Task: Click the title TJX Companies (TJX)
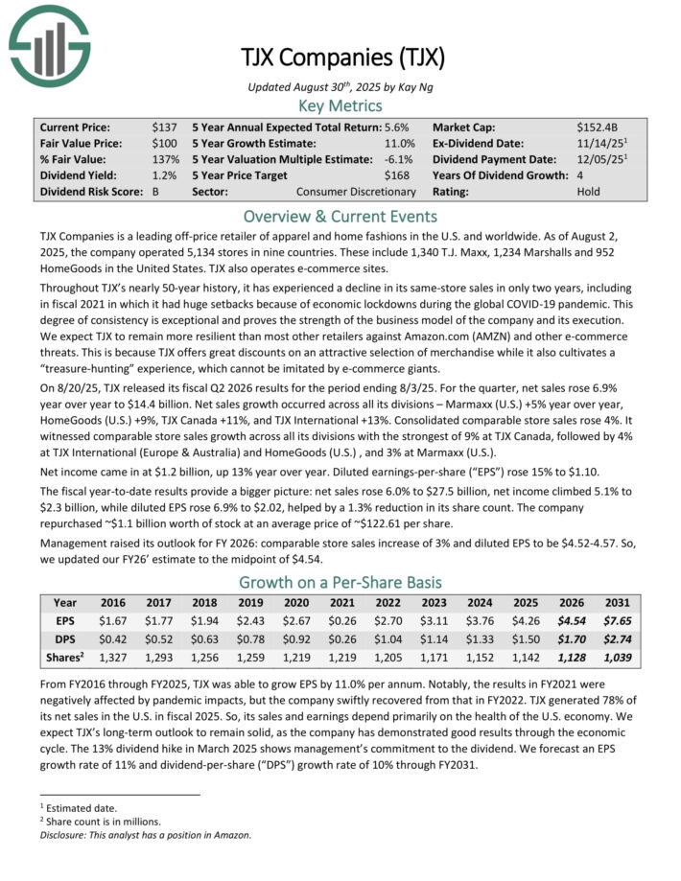[341, 59]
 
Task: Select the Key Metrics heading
[340, 105]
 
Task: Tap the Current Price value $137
[164, 127]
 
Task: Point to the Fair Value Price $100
[164, 143]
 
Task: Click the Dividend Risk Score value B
[156, 191]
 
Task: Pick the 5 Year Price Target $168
[403, 174]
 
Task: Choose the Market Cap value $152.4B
[600, 127]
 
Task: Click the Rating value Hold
[589, 191]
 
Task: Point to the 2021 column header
[341, 604]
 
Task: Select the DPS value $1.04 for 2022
[387, 640]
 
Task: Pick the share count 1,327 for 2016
[115, 659]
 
